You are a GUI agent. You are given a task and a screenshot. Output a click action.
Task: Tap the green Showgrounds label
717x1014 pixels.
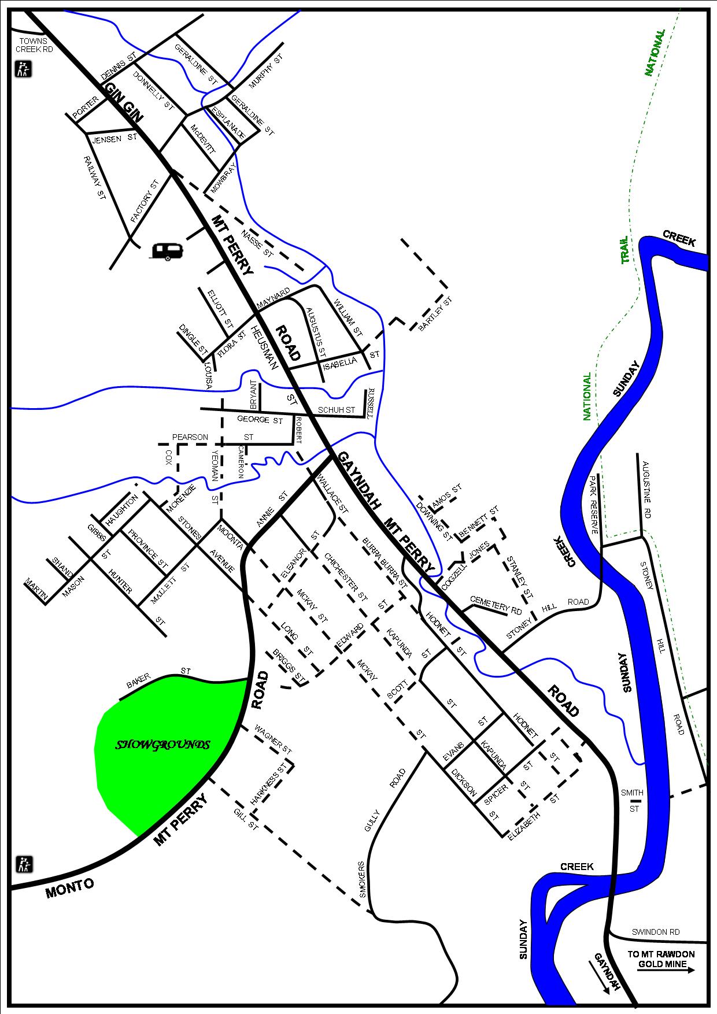pos(162,745)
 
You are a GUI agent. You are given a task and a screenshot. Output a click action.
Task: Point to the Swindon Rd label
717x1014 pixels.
pos(655,932)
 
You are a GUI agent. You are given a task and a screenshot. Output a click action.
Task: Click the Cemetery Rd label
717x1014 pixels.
pos(497,605)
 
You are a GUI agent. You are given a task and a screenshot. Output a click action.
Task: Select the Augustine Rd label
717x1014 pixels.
pos(646,490)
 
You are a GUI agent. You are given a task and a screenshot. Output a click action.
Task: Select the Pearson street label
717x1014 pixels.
pos(190,437)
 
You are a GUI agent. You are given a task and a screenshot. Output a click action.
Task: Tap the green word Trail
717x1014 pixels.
pos(624,250)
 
